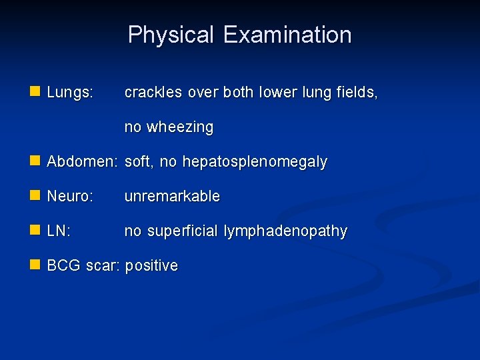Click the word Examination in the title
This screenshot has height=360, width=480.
click(x=287, y=35)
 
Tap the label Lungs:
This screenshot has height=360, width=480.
click(x=70, y=93)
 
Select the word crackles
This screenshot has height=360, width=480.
click(x=153, y=93)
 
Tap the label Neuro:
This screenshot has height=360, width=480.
click(x=70, y=197)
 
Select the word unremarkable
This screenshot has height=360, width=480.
click(x=172, y=197)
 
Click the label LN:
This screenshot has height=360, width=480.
click(x=59, y=231)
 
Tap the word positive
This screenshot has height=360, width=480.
click(x=151, y=266)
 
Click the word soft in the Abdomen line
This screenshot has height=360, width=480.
click(x=138, y=162)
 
